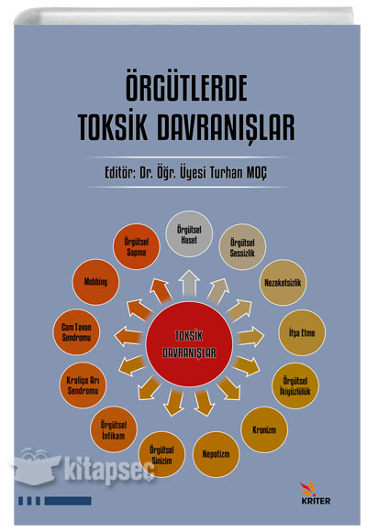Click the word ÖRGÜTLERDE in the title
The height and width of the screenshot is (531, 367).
coord(186,89)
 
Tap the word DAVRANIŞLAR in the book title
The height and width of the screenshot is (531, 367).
coord(226,127)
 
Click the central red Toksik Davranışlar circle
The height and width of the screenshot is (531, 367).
coord(189,344)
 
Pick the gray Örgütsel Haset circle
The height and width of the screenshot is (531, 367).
coord(189,234)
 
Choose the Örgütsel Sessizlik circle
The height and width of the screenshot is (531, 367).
coord(242,247)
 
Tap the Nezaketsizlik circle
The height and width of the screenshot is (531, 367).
coord(283,282)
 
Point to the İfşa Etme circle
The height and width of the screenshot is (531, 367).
coord(302,332)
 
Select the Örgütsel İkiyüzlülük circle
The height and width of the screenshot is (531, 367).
coord(295,385)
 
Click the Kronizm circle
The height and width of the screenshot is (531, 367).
coord(264,429)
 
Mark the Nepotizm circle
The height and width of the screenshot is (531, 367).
coord(216,454)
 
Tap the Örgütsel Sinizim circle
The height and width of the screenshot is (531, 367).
coord(161,454)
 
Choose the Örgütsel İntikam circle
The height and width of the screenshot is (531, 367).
coord(114,429)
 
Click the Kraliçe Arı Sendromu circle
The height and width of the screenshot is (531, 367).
coord(83,385)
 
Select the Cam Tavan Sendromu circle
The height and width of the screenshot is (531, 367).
coord(76,331)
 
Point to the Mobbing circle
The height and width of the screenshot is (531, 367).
coord(95,282)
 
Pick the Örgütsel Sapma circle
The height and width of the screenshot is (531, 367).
coord(136,246)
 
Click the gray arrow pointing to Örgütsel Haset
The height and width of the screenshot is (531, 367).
coord(189,284)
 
